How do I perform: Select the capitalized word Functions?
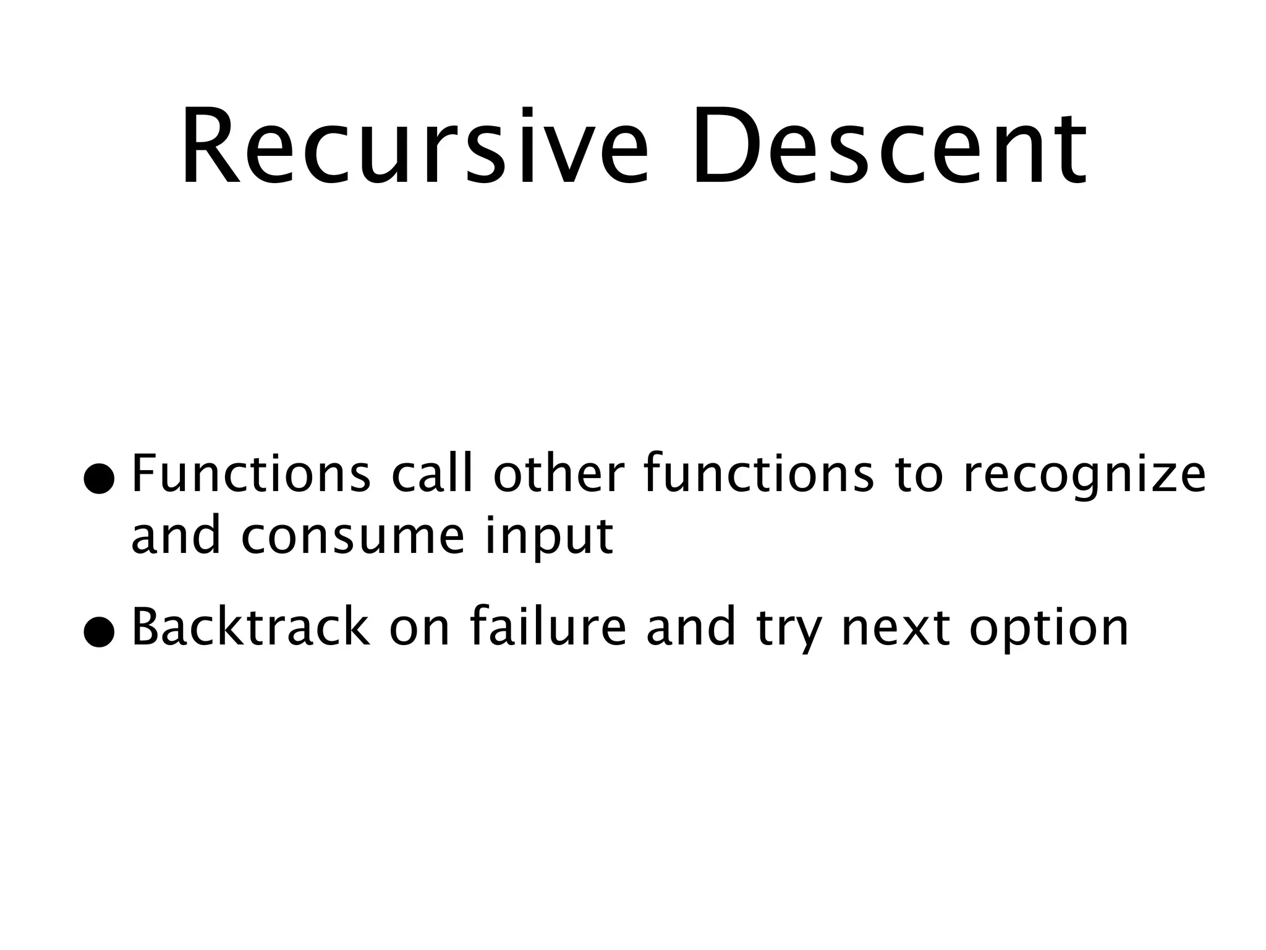251,474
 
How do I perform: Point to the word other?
559,474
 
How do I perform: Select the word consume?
352,537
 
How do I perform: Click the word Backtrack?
250,627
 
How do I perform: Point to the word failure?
548,627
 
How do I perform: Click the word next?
896,628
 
